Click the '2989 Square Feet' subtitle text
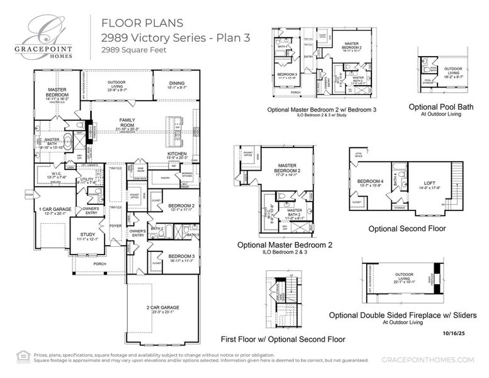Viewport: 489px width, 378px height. click(134, 50)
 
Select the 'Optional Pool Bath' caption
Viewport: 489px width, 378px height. click(441, 106)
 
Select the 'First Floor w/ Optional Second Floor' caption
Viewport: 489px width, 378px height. click(282, 338)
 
